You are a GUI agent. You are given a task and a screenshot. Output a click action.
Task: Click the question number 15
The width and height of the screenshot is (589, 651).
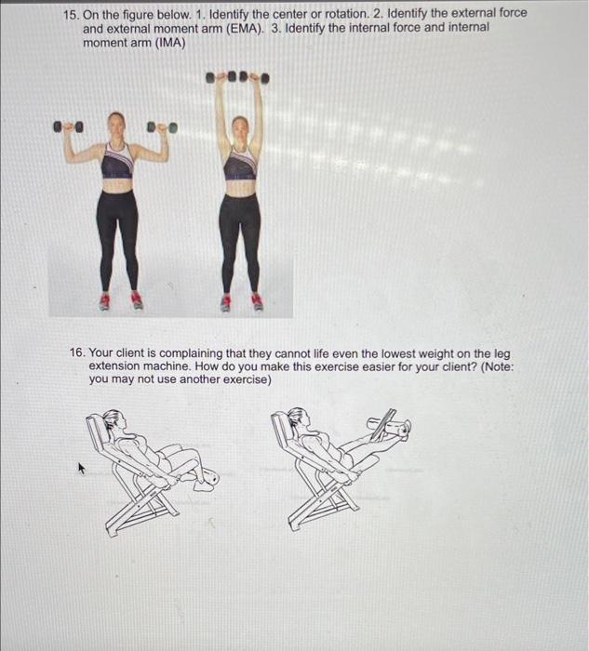point(71,14)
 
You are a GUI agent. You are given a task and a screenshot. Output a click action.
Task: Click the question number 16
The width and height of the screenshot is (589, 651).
point(79,354)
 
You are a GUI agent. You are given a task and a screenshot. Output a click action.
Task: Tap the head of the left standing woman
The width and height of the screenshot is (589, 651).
point(116,123)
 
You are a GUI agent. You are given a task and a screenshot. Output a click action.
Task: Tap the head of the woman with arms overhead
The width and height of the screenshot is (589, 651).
point(239,126)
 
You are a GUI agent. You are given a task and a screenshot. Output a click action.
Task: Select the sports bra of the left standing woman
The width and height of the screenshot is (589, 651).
point(117,164)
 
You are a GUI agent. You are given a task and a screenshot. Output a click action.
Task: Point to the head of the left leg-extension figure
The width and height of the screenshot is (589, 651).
point(113,420)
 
